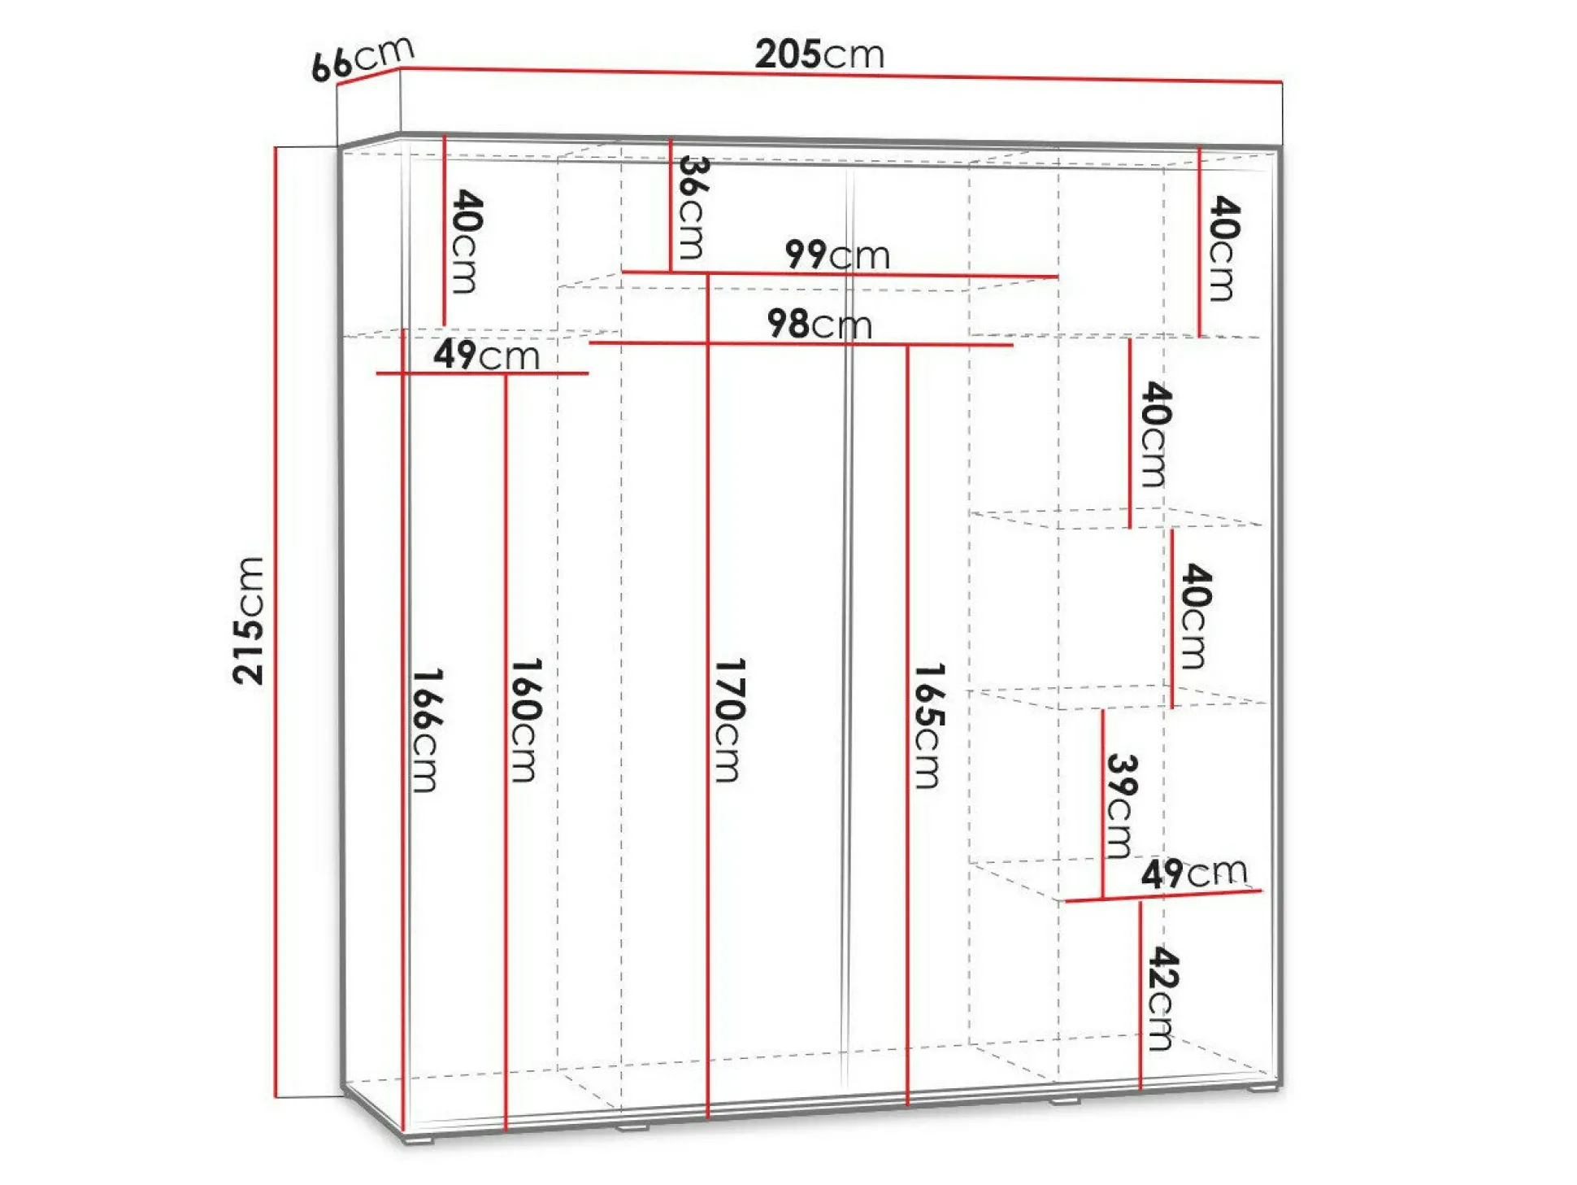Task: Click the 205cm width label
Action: [x=819, y=54]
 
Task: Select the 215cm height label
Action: [x=248, y=621]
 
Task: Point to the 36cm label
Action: [x=693, y=207]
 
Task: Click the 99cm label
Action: [x=837, y=255]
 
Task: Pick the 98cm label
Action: [x=819, y=324]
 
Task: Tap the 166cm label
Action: [x=427, y=730]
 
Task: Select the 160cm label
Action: [x=525, y=721]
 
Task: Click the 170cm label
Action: [x=729, y=721]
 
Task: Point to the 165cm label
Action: [x=929, y=726]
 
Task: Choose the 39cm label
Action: [x=1121, y=806]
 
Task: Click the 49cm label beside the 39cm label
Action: [x=1193, y=873]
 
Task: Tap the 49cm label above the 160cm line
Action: [x=486, y=355]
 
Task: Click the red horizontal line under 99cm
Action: [x=840, y=274]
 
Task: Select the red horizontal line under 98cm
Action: [x=801, y=344]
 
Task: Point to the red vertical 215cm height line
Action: [x=276, y=622]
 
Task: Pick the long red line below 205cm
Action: [x=841, y=75]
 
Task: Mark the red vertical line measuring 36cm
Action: [x=671, y=205]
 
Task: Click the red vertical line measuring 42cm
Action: [x=1140, y=995]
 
